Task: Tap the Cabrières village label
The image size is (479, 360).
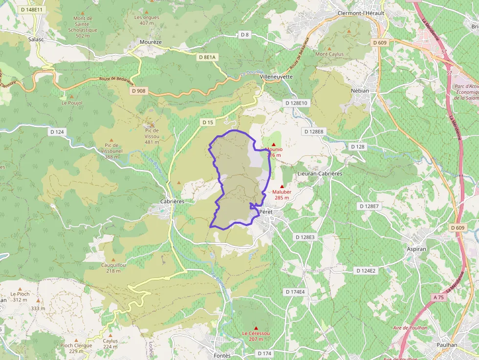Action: (x=172, y=201)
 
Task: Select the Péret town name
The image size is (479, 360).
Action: (x=266, y=212)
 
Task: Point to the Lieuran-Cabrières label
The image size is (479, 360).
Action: (x=320, y=173)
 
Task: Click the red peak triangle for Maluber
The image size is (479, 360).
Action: (x=282, y=186)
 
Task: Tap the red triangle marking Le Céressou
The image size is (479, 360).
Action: (x=256, y=328)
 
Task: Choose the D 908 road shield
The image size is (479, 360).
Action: (x=138, y=91)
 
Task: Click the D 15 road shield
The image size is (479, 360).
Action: (x=207, y=122)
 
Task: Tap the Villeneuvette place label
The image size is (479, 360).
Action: (x=276, y=77)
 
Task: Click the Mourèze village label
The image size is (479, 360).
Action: (x=151, y=42)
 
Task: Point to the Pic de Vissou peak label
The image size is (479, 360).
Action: (x=152, y=136)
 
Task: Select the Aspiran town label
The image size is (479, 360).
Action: (x=417, y=249)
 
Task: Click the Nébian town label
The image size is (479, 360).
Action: (x=360, y=91)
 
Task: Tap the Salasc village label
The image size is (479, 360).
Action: (x=36, y=39)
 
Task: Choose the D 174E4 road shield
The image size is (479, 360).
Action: (x=295, y=292)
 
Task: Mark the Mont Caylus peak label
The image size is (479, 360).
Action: (x=329, y=54)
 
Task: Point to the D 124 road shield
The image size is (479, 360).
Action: (x=57, y=132)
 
